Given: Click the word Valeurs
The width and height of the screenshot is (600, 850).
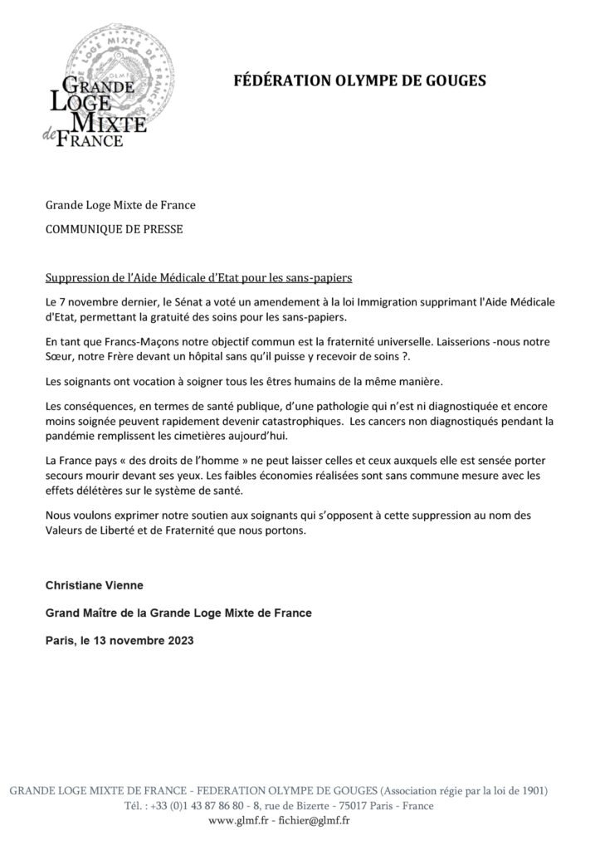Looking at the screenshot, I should pos(65,532).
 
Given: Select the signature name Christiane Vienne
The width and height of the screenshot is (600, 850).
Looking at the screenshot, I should pos(94,585).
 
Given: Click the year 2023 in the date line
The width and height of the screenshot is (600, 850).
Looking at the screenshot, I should pos(180,640).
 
